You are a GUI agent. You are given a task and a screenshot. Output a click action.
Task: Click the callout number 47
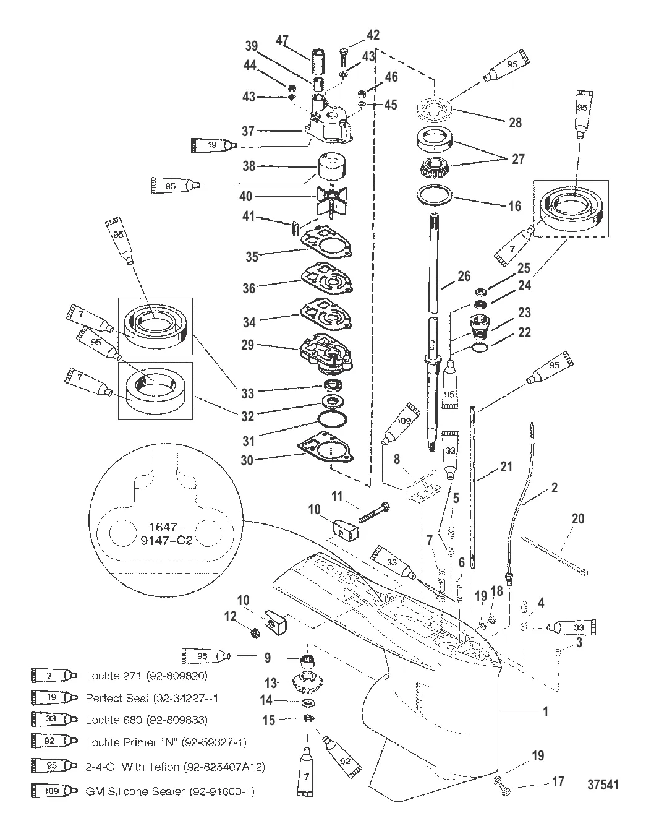(282, 41)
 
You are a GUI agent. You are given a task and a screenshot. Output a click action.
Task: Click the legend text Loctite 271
(147, 676)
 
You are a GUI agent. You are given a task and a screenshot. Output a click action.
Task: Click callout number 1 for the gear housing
(545, 712)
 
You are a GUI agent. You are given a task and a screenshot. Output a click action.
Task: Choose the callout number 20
(577, 518)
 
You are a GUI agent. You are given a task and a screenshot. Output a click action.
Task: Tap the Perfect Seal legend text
(152, 698)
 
